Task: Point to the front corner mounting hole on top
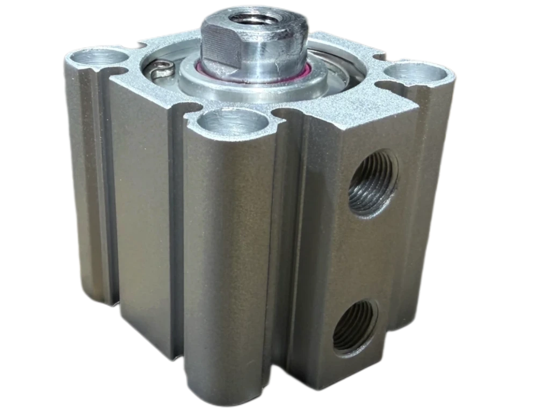[233, 123]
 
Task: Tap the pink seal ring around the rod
[308, 73]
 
